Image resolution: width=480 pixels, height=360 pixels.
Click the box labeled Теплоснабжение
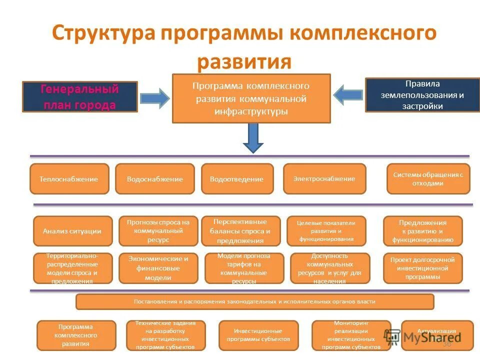click(x=69, y=179)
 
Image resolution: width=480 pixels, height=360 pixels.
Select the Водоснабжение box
click(x=154, y=179)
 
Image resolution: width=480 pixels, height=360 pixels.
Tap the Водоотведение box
click(x=237, y=179)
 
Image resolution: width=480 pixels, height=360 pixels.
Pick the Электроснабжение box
click(x=324, y=179)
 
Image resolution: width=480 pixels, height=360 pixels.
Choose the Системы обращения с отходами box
click(x=428, y=179)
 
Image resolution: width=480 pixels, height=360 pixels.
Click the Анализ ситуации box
click(x=72, y=231)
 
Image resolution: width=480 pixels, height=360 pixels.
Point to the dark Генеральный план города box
click(x=80, y=96)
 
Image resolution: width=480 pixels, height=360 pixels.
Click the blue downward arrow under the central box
click(x=253, y=138)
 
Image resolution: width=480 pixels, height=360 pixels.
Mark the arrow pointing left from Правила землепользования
click(x=348, y=94)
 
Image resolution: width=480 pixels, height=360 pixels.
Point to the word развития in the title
click(x=244, y=62)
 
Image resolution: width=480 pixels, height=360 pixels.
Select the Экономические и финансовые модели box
click(x=158, y=268)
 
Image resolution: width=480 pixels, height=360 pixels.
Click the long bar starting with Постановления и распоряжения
click(x=254, y=301)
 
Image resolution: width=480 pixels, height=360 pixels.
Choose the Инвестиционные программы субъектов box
click(x=258, y=335)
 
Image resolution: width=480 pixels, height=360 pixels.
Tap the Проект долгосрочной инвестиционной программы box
click(x=422, y=268)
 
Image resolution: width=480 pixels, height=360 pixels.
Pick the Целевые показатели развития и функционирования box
click(x=326, y=231)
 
